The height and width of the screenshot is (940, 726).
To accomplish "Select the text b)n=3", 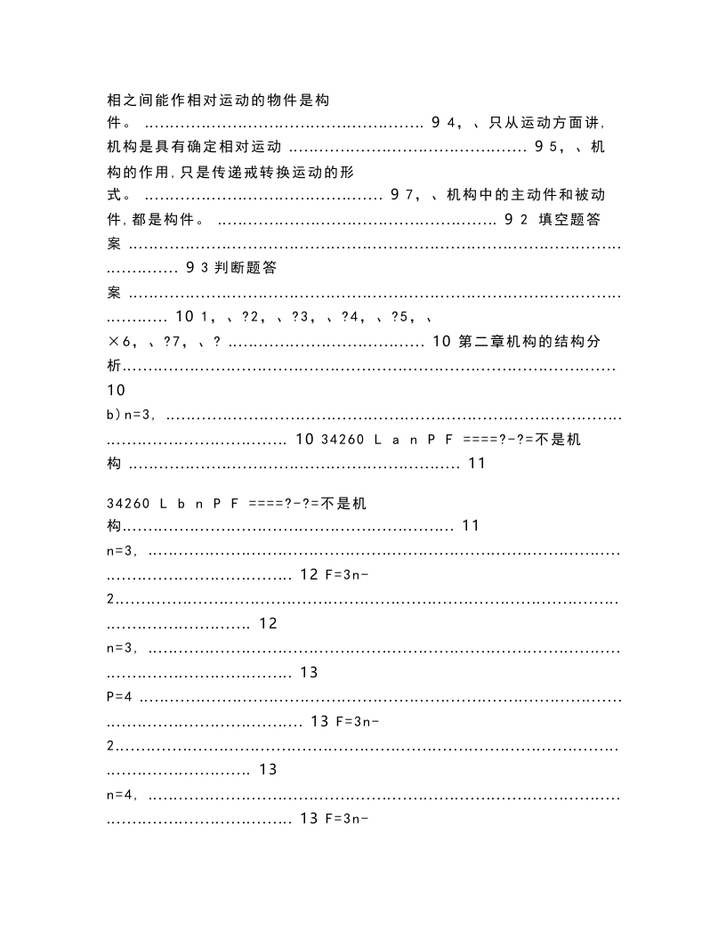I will (x=132, y=414).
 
